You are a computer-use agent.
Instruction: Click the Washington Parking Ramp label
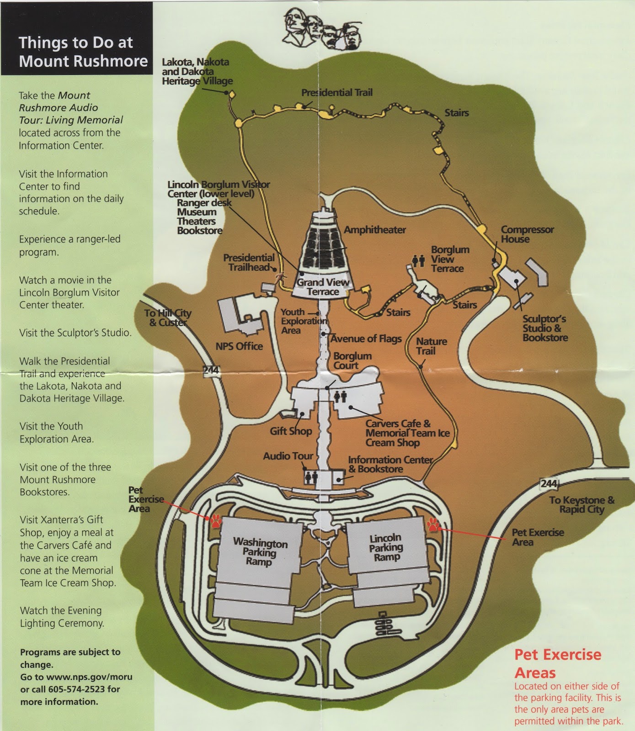pos(260,552)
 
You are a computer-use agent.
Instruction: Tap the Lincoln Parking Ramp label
pos(386,547)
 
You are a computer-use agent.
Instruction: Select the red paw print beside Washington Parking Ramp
pos(216,521)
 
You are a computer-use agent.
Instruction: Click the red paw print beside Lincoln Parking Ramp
pos(433,524)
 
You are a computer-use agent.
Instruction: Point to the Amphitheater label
pos(374,230)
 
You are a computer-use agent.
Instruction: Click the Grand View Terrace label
pos(323,287)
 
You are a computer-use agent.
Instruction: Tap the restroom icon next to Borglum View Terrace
pos(418,261)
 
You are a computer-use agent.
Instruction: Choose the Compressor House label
pos(527,234)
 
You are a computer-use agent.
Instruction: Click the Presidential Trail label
pos(336,93)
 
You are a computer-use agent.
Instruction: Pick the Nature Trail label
pos(431,346)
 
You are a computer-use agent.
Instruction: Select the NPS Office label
pos(239,346)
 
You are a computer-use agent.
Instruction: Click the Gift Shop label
pos(291,431)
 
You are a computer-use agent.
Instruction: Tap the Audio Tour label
pos(288,456)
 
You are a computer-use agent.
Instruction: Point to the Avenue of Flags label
pos(366,339)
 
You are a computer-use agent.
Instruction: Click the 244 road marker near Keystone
pos(549,483)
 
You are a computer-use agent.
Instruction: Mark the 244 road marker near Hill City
pos(211,370)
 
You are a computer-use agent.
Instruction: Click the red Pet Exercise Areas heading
pos(557,663)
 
